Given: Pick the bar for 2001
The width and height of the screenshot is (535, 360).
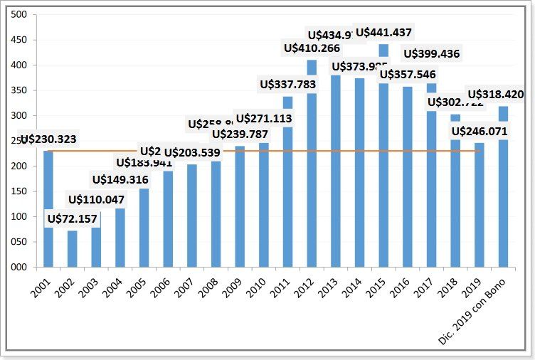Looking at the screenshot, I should (x=48, y=213).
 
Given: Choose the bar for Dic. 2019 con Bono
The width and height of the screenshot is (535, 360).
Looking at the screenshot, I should (x=503, y=192).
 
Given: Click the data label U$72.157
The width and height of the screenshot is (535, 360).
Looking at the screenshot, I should (x=72, y=218).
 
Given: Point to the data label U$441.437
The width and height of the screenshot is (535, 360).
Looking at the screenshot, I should (x=383, y=32).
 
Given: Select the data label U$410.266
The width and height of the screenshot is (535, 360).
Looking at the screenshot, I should (x=312, y=48).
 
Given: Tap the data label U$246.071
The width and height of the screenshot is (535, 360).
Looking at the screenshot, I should (x=480, y=131).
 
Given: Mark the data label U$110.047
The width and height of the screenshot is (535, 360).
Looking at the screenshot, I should (x=96, y=199).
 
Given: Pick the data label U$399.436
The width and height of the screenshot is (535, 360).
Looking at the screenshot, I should (x=431, y=53).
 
